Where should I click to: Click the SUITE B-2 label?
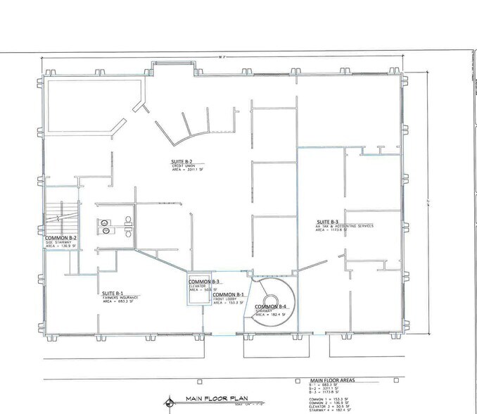[181, 161]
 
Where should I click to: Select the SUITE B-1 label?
[113, 293]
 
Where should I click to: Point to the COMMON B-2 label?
[61, 238]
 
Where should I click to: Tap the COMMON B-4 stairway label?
[271, 307]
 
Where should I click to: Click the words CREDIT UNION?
[184, 166]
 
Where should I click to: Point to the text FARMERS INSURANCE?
[118, 299]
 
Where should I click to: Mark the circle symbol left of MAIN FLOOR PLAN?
[168, 402]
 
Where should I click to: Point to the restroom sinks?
[106, 224]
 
